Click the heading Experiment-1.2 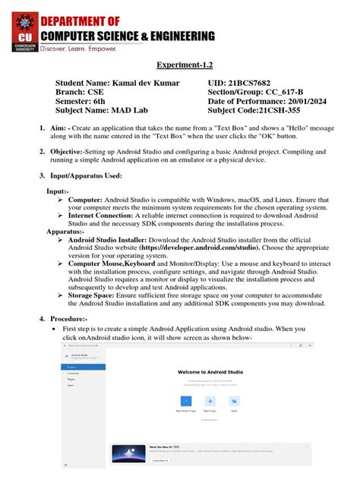[179, 67]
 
